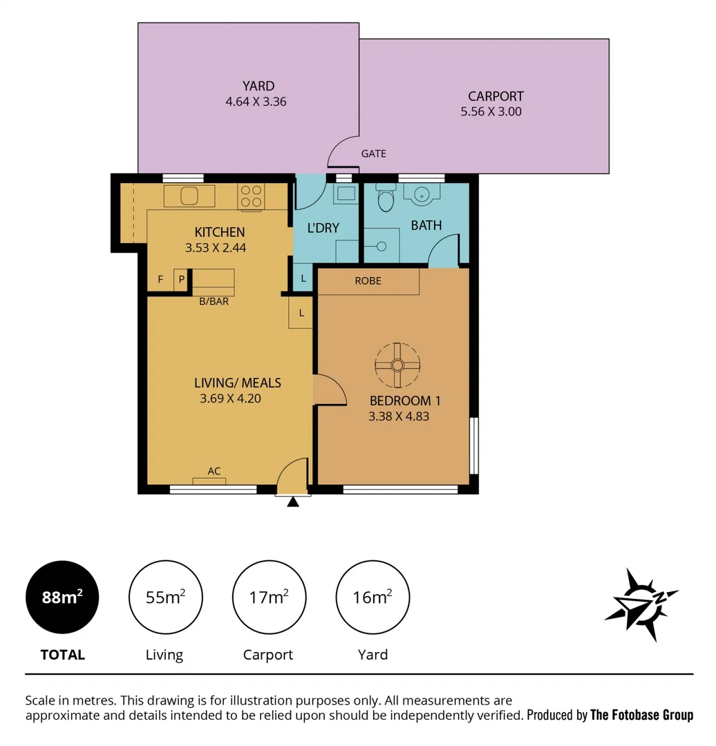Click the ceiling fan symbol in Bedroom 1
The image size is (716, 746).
(x=397, y=365)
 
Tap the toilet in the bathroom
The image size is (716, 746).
(x=386, y=198)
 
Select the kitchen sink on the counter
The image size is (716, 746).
(x=189, y=195)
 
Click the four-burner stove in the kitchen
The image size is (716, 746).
(x=250, y=195)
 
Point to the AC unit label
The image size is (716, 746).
(x=214, y=471)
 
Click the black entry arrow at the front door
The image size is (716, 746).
(x=293, y=502)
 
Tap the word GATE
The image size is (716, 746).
(x=373, y=153)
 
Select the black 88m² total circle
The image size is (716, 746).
(x=62, y=597)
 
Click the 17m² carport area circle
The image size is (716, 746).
(x=269, y=597)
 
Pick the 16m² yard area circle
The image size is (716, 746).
(x=373, y=597)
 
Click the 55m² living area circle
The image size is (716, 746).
(x=165, y=597)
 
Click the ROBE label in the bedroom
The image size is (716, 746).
(x=368, y=281)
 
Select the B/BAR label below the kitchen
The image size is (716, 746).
(x=214, y=301)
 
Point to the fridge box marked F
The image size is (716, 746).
(x=160, y=280)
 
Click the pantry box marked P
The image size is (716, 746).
(x=182, y=280)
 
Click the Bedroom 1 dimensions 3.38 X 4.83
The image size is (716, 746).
(x=399, y=416)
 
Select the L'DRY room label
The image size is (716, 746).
(x=323, y=227)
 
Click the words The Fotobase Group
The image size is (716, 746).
(x=641, y=715)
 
